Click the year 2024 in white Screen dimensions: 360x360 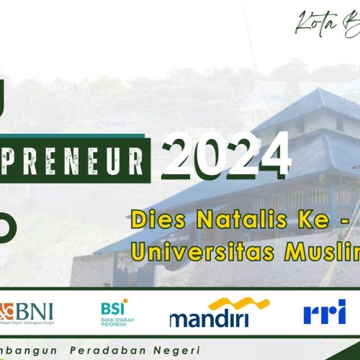225,154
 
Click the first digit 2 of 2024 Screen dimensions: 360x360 179,154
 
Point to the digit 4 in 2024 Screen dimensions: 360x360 274,154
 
